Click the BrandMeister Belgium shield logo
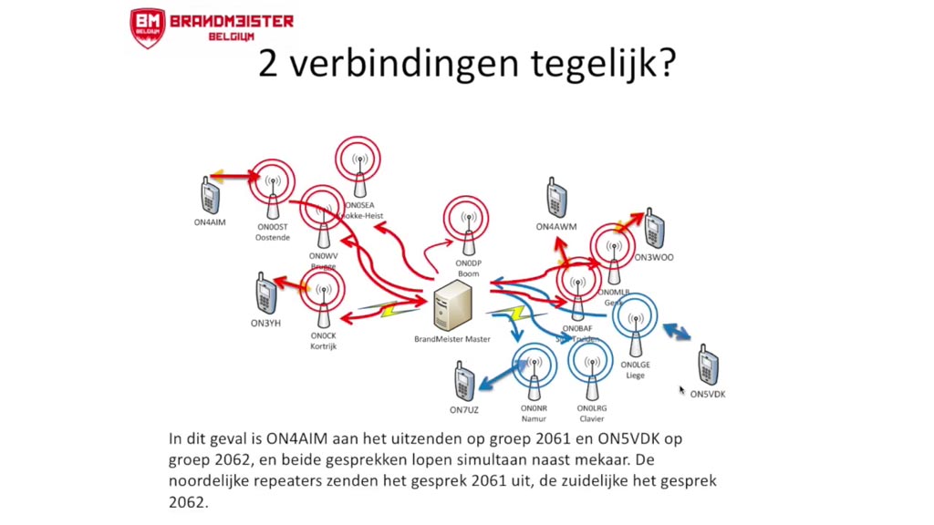[147, 28]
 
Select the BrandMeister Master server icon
[453, 304]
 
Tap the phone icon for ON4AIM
[210, 194]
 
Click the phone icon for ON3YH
[265, 293]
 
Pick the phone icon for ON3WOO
[653, 230]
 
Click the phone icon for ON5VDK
[708, 365]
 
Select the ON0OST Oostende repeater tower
[272, 187]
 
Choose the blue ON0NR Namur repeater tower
[534, 371]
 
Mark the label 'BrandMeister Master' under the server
[452, 339]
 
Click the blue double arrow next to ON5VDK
[676, 331]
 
